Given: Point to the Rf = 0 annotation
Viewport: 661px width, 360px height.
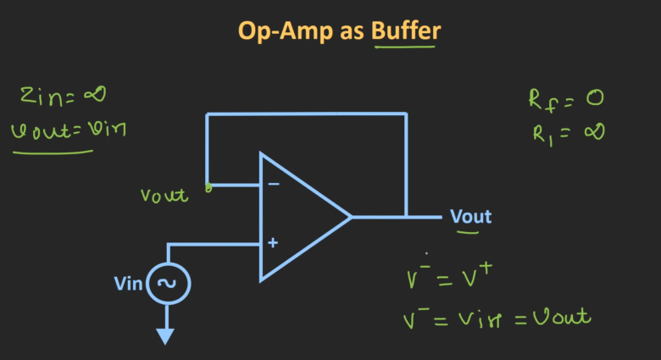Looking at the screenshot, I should point(565,99).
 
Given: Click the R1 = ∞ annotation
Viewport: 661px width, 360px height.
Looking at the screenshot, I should point(565,133).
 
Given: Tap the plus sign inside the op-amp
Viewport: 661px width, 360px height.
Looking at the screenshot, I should point(273,243).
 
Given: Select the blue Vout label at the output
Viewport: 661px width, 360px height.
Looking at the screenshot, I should point(470,217).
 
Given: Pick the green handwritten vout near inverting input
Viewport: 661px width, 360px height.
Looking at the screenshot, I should point(164,195).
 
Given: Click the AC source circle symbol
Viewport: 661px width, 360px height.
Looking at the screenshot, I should point(168,284).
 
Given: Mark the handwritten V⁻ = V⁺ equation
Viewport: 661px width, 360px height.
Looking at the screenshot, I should point(449,278).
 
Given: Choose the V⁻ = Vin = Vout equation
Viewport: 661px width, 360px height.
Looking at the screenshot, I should point(496,318).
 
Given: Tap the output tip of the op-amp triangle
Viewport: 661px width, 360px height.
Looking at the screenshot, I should point(350,217).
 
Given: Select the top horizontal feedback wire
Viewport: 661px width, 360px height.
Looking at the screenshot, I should point(305,114).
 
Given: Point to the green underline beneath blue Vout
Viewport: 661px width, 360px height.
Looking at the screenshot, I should point(470,231).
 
